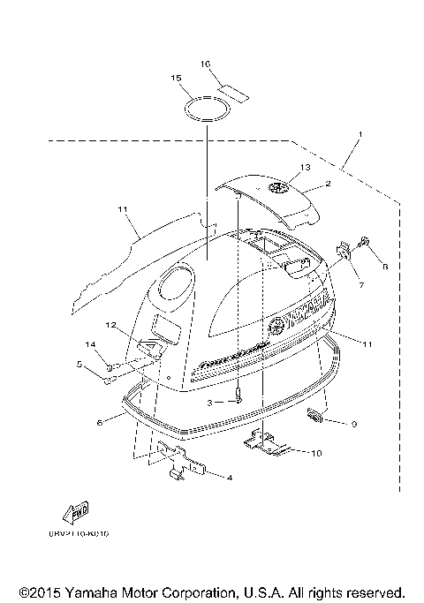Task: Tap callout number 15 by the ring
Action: [176, 79]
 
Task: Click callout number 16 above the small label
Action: [205, 64]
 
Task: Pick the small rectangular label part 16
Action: [235, 89]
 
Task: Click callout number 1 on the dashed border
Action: [360, 135]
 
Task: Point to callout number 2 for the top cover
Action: [328, 185]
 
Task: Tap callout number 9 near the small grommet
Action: [353, 424]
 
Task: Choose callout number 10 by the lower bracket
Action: [317, 454]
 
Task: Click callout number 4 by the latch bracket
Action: [231, 478]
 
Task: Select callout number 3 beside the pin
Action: [209, 402]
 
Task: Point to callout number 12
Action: [111, 326]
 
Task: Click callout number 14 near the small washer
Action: [89, 343]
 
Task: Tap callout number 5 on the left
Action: [79, 364]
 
